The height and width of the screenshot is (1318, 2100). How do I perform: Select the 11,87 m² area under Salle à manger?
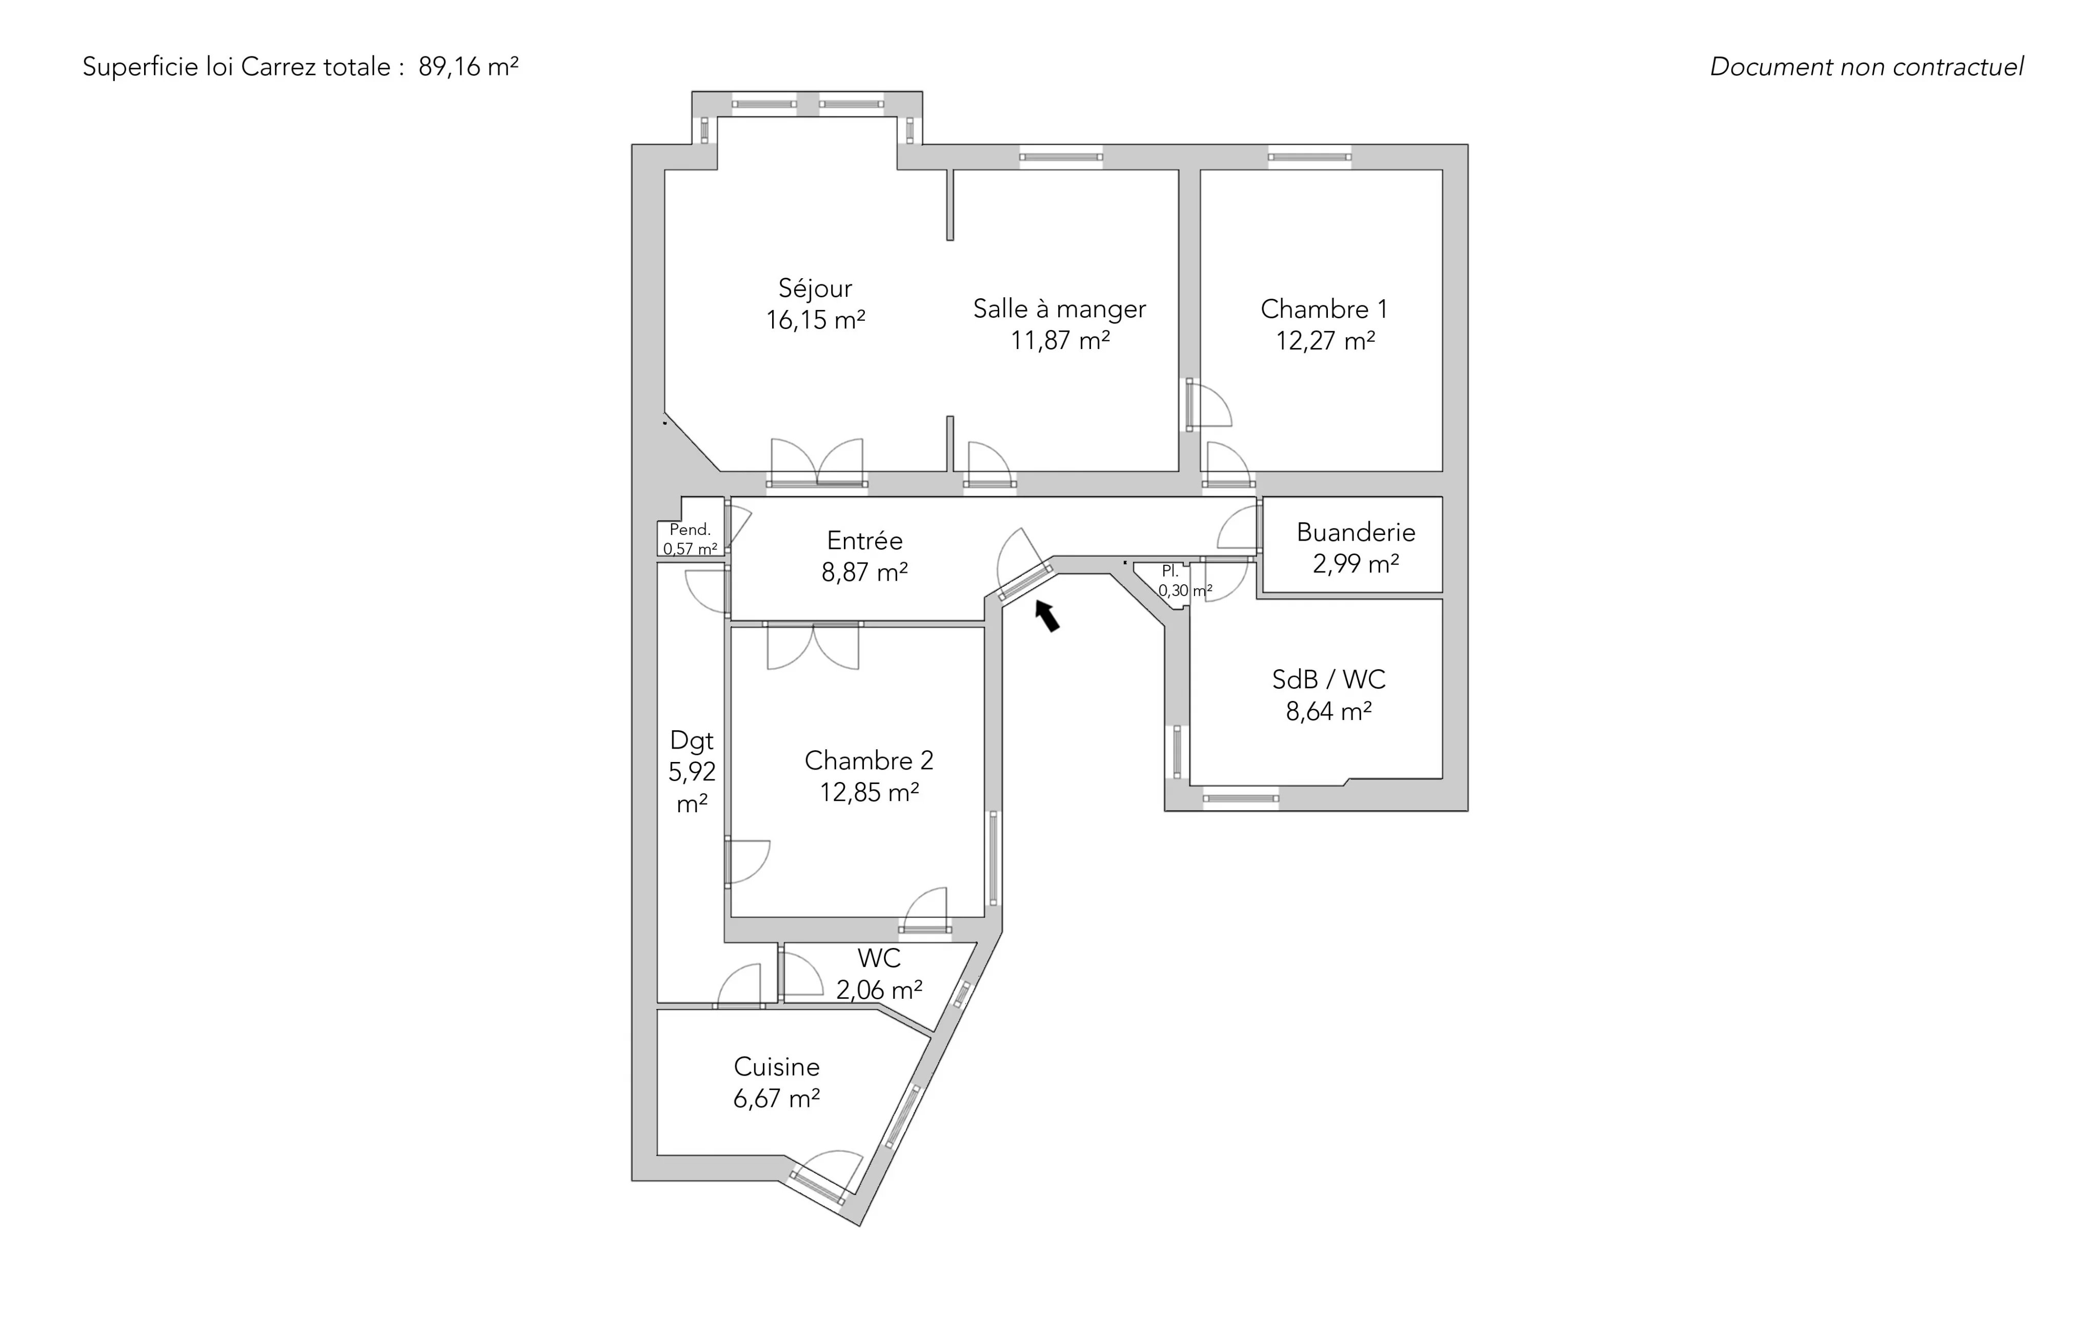[1060, 340]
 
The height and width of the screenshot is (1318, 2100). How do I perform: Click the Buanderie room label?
[1356, 532]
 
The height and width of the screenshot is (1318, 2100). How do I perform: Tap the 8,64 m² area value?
[1328, 711]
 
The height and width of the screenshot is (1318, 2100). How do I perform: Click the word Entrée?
[864, 541]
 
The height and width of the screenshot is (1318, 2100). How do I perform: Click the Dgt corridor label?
[692, 741]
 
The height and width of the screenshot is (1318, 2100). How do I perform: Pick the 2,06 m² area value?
[879, 990]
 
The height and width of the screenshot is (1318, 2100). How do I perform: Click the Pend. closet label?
[690, 529]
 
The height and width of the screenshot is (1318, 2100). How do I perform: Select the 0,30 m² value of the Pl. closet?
[1185, 590]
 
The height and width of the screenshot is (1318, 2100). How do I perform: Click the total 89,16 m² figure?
[468, 67]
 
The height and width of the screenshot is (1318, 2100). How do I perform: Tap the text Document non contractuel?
[1866, 67]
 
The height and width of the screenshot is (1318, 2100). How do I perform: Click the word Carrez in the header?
[278, 67]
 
